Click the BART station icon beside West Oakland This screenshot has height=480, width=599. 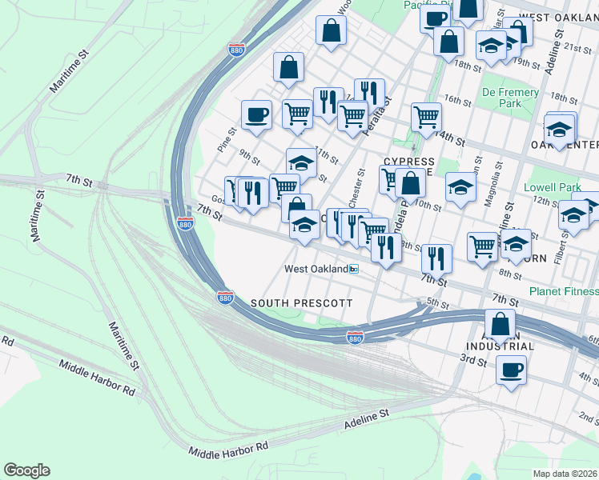353,270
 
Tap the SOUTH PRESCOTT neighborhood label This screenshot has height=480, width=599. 301,303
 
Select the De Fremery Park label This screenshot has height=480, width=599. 510,98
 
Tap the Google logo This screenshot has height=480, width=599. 26,470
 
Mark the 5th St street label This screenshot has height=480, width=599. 437,302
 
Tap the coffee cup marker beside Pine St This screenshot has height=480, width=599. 256,114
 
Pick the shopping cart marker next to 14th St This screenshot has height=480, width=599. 427,117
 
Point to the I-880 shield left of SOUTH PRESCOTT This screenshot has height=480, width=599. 225,298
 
